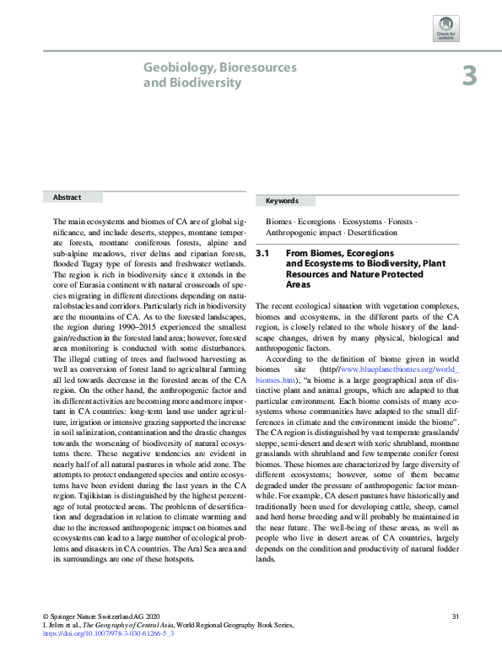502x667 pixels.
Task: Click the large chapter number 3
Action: (469, 77)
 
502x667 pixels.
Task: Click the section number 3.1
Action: (262, 253)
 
